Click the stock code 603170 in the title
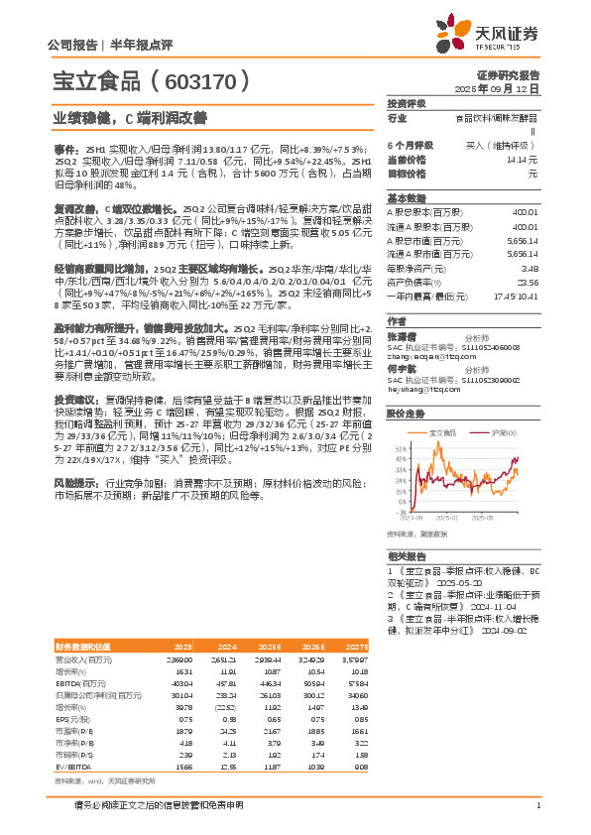205,80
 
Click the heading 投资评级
406,103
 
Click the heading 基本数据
406,197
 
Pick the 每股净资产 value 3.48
530,268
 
